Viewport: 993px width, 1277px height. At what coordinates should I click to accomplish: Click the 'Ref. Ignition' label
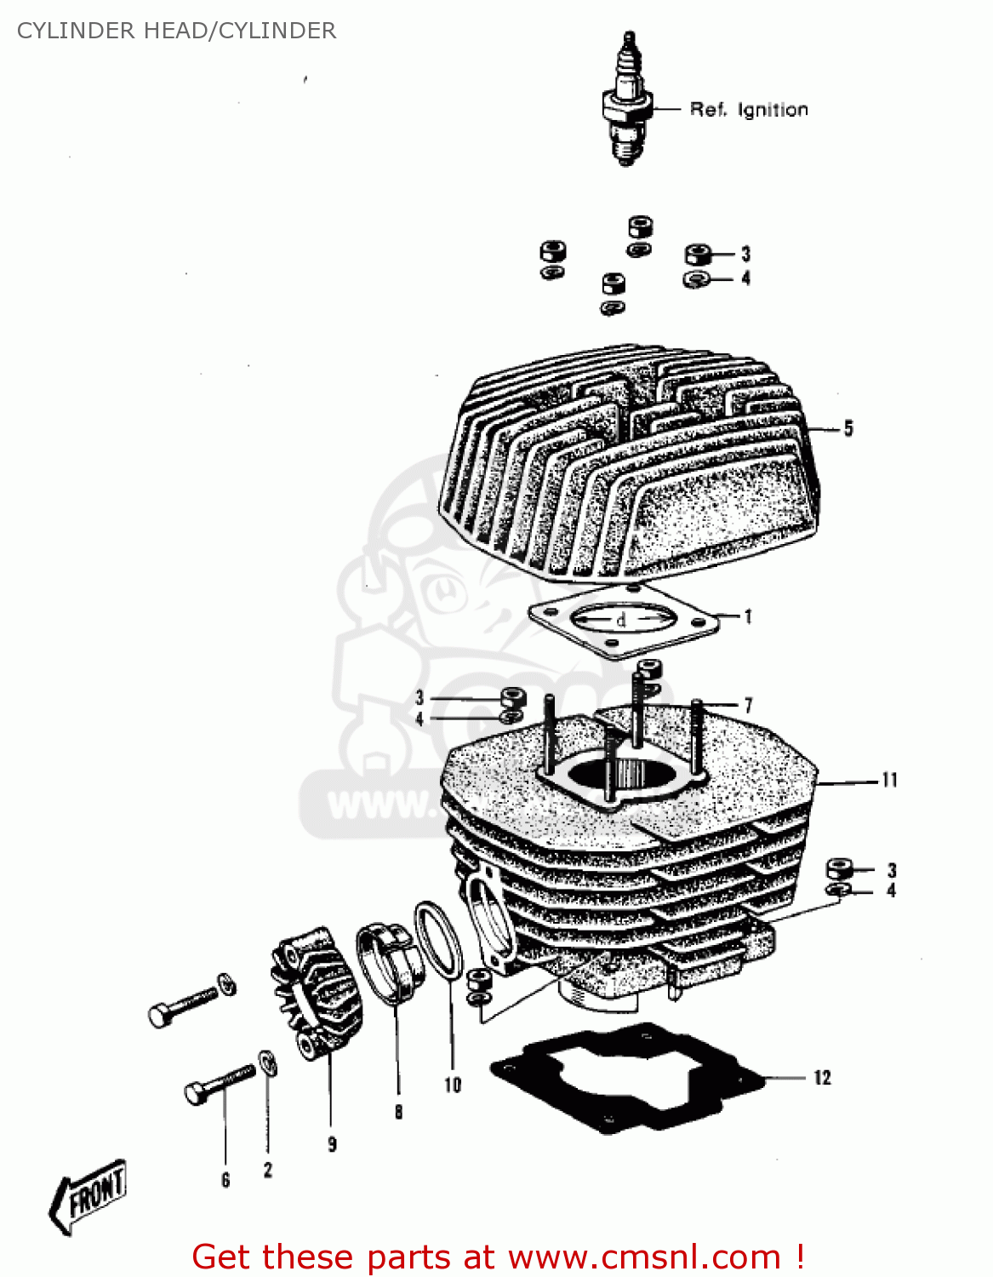click(x=748, y=110)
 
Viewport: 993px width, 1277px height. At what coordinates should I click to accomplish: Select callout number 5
click(x=847, y=429)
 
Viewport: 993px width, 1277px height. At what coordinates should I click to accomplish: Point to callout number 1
click(x=748, y=616)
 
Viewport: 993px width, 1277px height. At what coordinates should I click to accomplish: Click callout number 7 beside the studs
click(x=748, y=705)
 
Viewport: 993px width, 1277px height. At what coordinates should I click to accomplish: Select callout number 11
click(x=889, y=780)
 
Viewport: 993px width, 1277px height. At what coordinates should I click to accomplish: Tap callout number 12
click(x=822, y=1078)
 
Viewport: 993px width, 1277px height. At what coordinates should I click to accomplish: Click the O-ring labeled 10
click(x=439, y=941)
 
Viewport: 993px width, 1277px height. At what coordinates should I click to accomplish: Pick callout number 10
click(x=453, y=1085)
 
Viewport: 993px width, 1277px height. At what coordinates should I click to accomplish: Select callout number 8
click(x=398, y=1112)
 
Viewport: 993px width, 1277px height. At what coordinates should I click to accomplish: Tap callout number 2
click(x=268, y=1171)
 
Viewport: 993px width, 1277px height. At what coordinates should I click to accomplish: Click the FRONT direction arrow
click(x=88, y=1194)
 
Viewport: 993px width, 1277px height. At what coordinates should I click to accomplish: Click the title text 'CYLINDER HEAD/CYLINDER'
click(x=176, y=31)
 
